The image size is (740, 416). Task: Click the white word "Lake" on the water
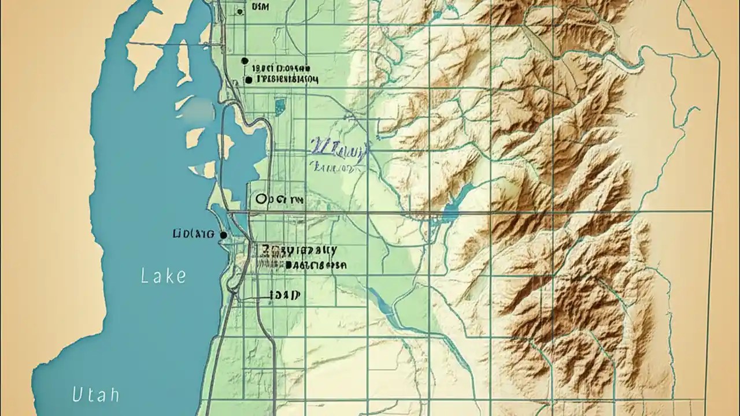164,276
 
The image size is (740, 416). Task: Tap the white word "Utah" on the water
96,395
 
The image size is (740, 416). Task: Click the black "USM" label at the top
260,7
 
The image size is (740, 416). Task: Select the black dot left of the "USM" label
240,12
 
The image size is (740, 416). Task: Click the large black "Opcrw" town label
279,199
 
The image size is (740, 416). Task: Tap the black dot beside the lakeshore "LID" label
223,235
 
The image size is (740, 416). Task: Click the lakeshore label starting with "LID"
193,234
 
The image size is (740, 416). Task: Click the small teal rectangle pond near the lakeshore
280,106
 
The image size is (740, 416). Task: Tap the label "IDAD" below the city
284,295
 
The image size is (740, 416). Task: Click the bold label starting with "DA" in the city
316,265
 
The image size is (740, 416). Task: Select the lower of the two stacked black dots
249,80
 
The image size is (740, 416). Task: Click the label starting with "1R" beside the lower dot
287,79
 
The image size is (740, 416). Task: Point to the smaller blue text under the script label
333,168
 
